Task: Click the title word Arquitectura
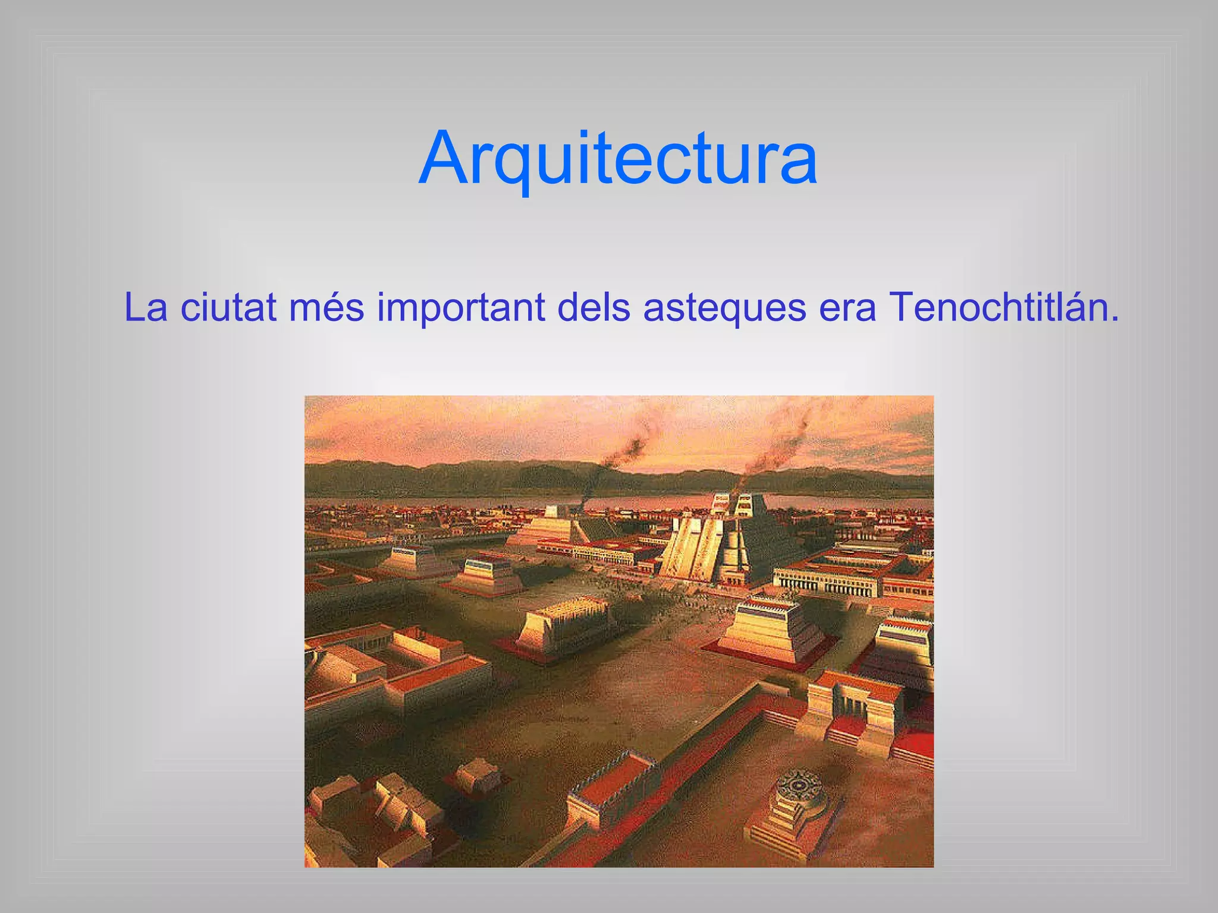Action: pos(618,159)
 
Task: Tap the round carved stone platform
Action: pos(800,788)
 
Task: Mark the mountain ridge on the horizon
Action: pos(476,476)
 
